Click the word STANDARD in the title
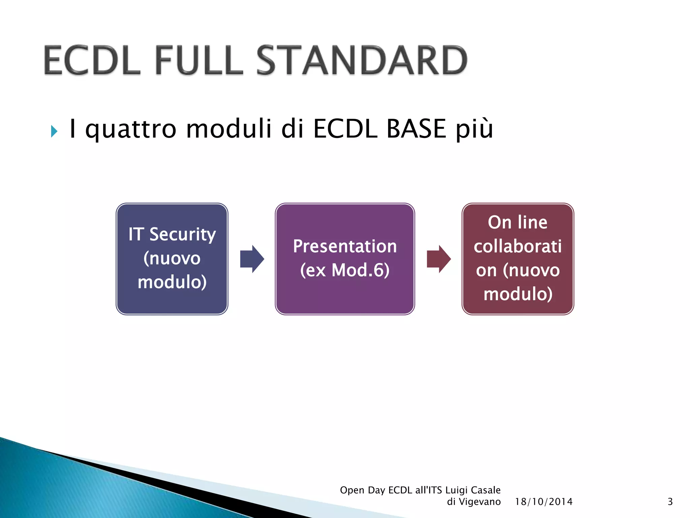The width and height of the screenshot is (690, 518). pyautogui.click(x=362, y=61)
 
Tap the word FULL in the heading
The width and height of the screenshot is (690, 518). pyautogui.click(x=198, y=61)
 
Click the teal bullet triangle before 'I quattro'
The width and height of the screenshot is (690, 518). pyautogui.click(x=54, y=131)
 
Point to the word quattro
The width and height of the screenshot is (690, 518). pyautogui.click(x=131, y=129)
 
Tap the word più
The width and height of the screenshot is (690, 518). pyautogui.click(x=474, y=129)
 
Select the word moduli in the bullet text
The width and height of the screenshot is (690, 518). pyautogui.click(x=228, y=129)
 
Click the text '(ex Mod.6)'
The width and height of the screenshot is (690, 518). pyautogui.click(x=345, y=270)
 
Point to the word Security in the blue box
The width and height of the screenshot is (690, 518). pyautogui.click(x=183, y=234)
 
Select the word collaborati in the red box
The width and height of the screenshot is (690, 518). pyautogui.click(x=517, y=246)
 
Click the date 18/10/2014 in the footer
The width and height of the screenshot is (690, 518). pyautogui.click(x=543, y=502)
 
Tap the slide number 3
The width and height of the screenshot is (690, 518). pyautogui.click(x=670, y=502)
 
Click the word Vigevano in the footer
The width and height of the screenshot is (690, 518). pyautogui.click(x=480, y=502)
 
